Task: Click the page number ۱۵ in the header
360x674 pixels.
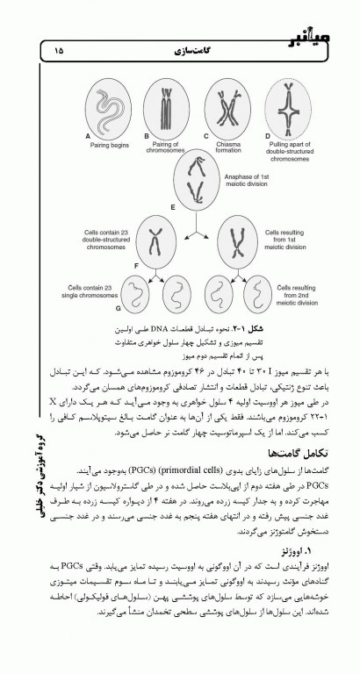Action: [59, 52]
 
